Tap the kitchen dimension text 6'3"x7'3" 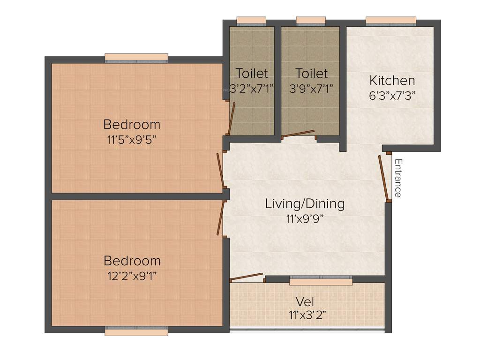tap(392, 95)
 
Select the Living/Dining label tap(305, 203)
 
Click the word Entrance tap(397, 178)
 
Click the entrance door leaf tap(383, 178)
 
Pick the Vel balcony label tap(305, 301)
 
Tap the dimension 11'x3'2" tap(307, 315)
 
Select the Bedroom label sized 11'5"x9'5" tap(132, 125)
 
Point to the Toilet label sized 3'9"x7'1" tap(312, 74)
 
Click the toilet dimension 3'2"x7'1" tap(252, 88)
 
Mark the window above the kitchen tap(390, 21)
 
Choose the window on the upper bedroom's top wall tap(136, 58)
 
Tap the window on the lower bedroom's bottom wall tap(136, 331)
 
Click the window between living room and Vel tap(321, 281)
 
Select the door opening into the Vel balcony tap(247, 277)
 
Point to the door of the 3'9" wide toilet tap(299, 134)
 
